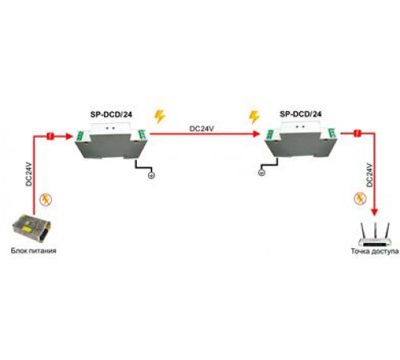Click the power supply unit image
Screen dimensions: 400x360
[31, 227]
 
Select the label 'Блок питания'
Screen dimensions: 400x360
[34, 250]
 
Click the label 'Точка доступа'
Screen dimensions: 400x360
[374, 251]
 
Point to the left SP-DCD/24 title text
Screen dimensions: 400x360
[111, 114]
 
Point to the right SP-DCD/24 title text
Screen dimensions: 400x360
[301, 114]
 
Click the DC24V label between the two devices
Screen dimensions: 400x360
[202, 129]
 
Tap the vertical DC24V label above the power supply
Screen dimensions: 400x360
[29, 174]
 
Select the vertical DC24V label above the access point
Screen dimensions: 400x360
[370, 174]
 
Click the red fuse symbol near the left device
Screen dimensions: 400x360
[50, 136]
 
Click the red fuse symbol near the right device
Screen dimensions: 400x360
[358, 133]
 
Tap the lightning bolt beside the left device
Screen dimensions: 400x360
[160, 117]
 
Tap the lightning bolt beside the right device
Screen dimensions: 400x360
[254, 117]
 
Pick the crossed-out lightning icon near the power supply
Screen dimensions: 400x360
[46, 200]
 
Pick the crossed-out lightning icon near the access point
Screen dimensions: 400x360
[360, 199]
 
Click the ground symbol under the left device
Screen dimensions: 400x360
[151, 175]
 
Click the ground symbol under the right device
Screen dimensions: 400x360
[262, 173]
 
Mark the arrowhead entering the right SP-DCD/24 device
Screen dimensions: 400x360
[256, 134]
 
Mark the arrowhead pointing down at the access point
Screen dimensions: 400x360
[374, 212]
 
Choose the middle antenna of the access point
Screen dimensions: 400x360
[375, 230]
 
